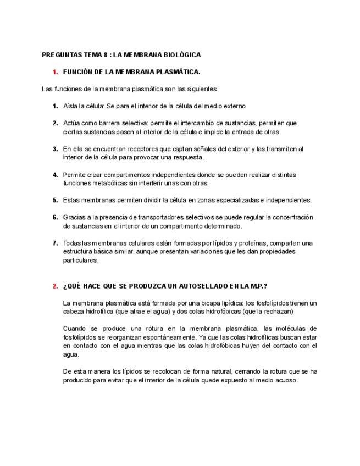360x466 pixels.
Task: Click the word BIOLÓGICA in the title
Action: click(x=181, y=55)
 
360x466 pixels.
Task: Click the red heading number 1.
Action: click(x=55, y=72)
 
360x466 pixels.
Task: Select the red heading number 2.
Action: click(x=55, y=286)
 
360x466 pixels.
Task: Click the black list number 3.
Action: click(x=55, y=149)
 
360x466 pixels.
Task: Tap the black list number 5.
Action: click(x=55, y=200)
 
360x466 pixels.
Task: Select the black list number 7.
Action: click(x=55, y=243)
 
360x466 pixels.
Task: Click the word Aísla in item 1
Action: click(x=71, y=106)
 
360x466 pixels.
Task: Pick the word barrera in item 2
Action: click(x=110, y=123)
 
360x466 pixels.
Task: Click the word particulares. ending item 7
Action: click(x=81, y=260)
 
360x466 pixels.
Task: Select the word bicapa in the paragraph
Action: click(x=198, y=303)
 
